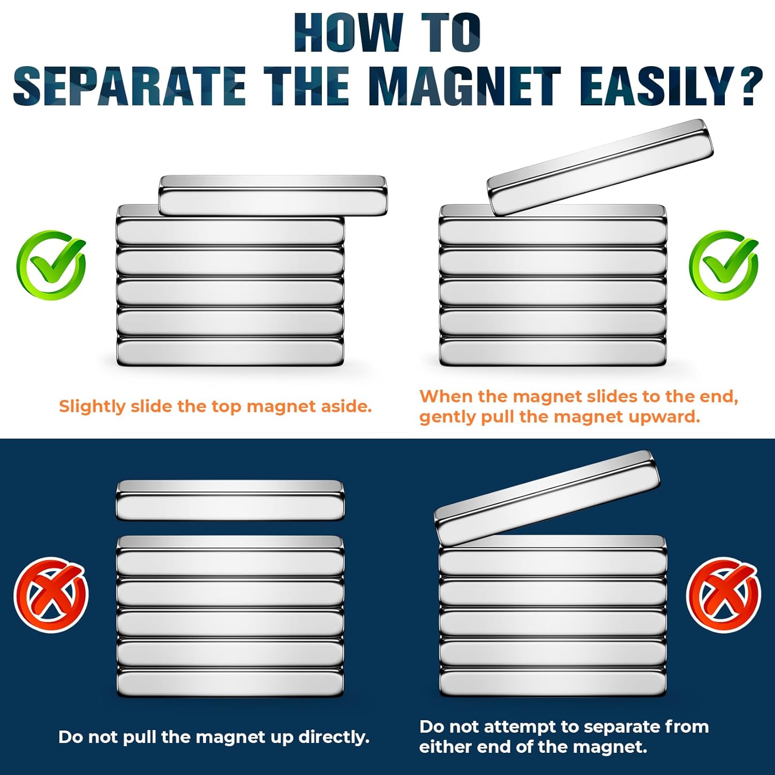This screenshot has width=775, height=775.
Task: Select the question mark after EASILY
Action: tap(748, 86)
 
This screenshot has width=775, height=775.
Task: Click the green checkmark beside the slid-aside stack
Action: tap(51, 265)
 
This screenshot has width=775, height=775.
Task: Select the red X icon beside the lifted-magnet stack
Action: tap(51, 594)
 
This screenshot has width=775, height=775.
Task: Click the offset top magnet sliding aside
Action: tap(273, 195)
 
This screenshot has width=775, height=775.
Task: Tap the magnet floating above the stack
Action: tap(230, 500)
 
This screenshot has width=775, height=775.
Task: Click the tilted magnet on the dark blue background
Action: tap(547, 498)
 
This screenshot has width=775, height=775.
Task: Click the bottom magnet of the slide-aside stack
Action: tap(230, 352)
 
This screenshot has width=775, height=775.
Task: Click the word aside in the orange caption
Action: tap(347, 407)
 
